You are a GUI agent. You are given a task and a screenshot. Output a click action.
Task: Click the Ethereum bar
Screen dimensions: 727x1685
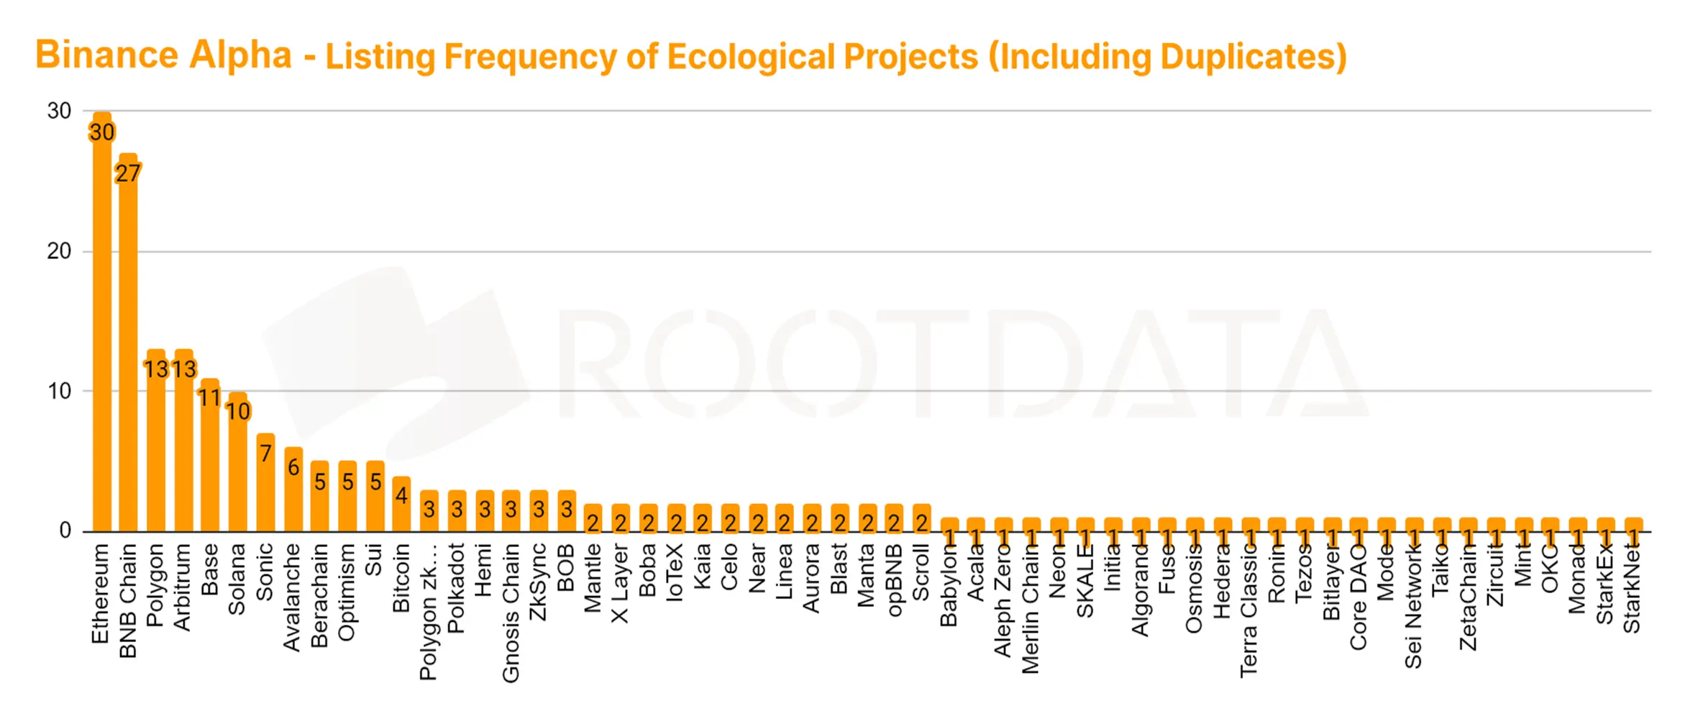click(x=102, y=324)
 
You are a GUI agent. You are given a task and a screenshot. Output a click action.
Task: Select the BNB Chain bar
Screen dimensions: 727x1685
click(x=128, y=346)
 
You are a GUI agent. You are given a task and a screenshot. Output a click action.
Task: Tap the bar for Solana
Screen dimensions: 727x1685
click(x=238, y=468)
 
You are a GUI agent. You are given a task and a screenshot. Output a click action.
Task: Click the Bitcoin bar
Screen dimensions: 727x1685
click(x=401, y=511)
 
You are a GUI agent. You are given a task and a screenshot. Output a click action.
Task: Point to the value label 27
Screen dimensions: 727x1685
click(x=128, y=173)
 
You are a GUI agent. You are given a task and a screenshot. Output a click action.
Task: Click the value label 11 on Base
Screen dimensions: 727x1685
click(x=209, y=397)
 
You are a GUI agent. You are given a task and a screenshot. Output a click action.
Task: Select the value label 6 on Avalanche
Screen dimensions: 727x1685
click(x=293, y=467)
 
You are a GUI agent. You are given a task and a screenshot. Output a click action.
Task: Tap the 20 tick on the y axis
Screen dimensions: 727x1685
click(x=59, y=251)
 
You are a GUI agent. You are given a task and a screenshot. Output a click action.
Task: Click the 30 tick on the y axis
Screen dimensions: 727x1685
click(x=59, y=111)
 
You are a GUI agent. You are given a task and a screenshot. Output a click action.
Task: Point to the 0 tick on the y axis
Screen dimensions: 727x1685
click(x=65, y=530)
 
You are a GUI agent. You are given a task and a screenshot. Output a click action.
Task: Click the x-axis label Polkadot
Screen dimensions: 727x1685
click(x=456, y=588)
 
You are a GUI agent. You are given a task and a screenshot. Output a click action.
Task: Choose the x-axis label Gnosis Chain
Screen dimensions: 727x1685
click(x=511, y=613)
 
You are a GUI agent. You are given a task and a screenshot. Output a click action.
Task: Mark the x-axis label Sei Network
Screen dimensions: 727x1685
click(x=1413, y=606)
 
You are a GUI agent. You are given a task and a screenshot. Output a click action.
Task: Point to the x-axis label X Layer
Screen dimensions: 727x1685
click(x=620, y=584)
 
